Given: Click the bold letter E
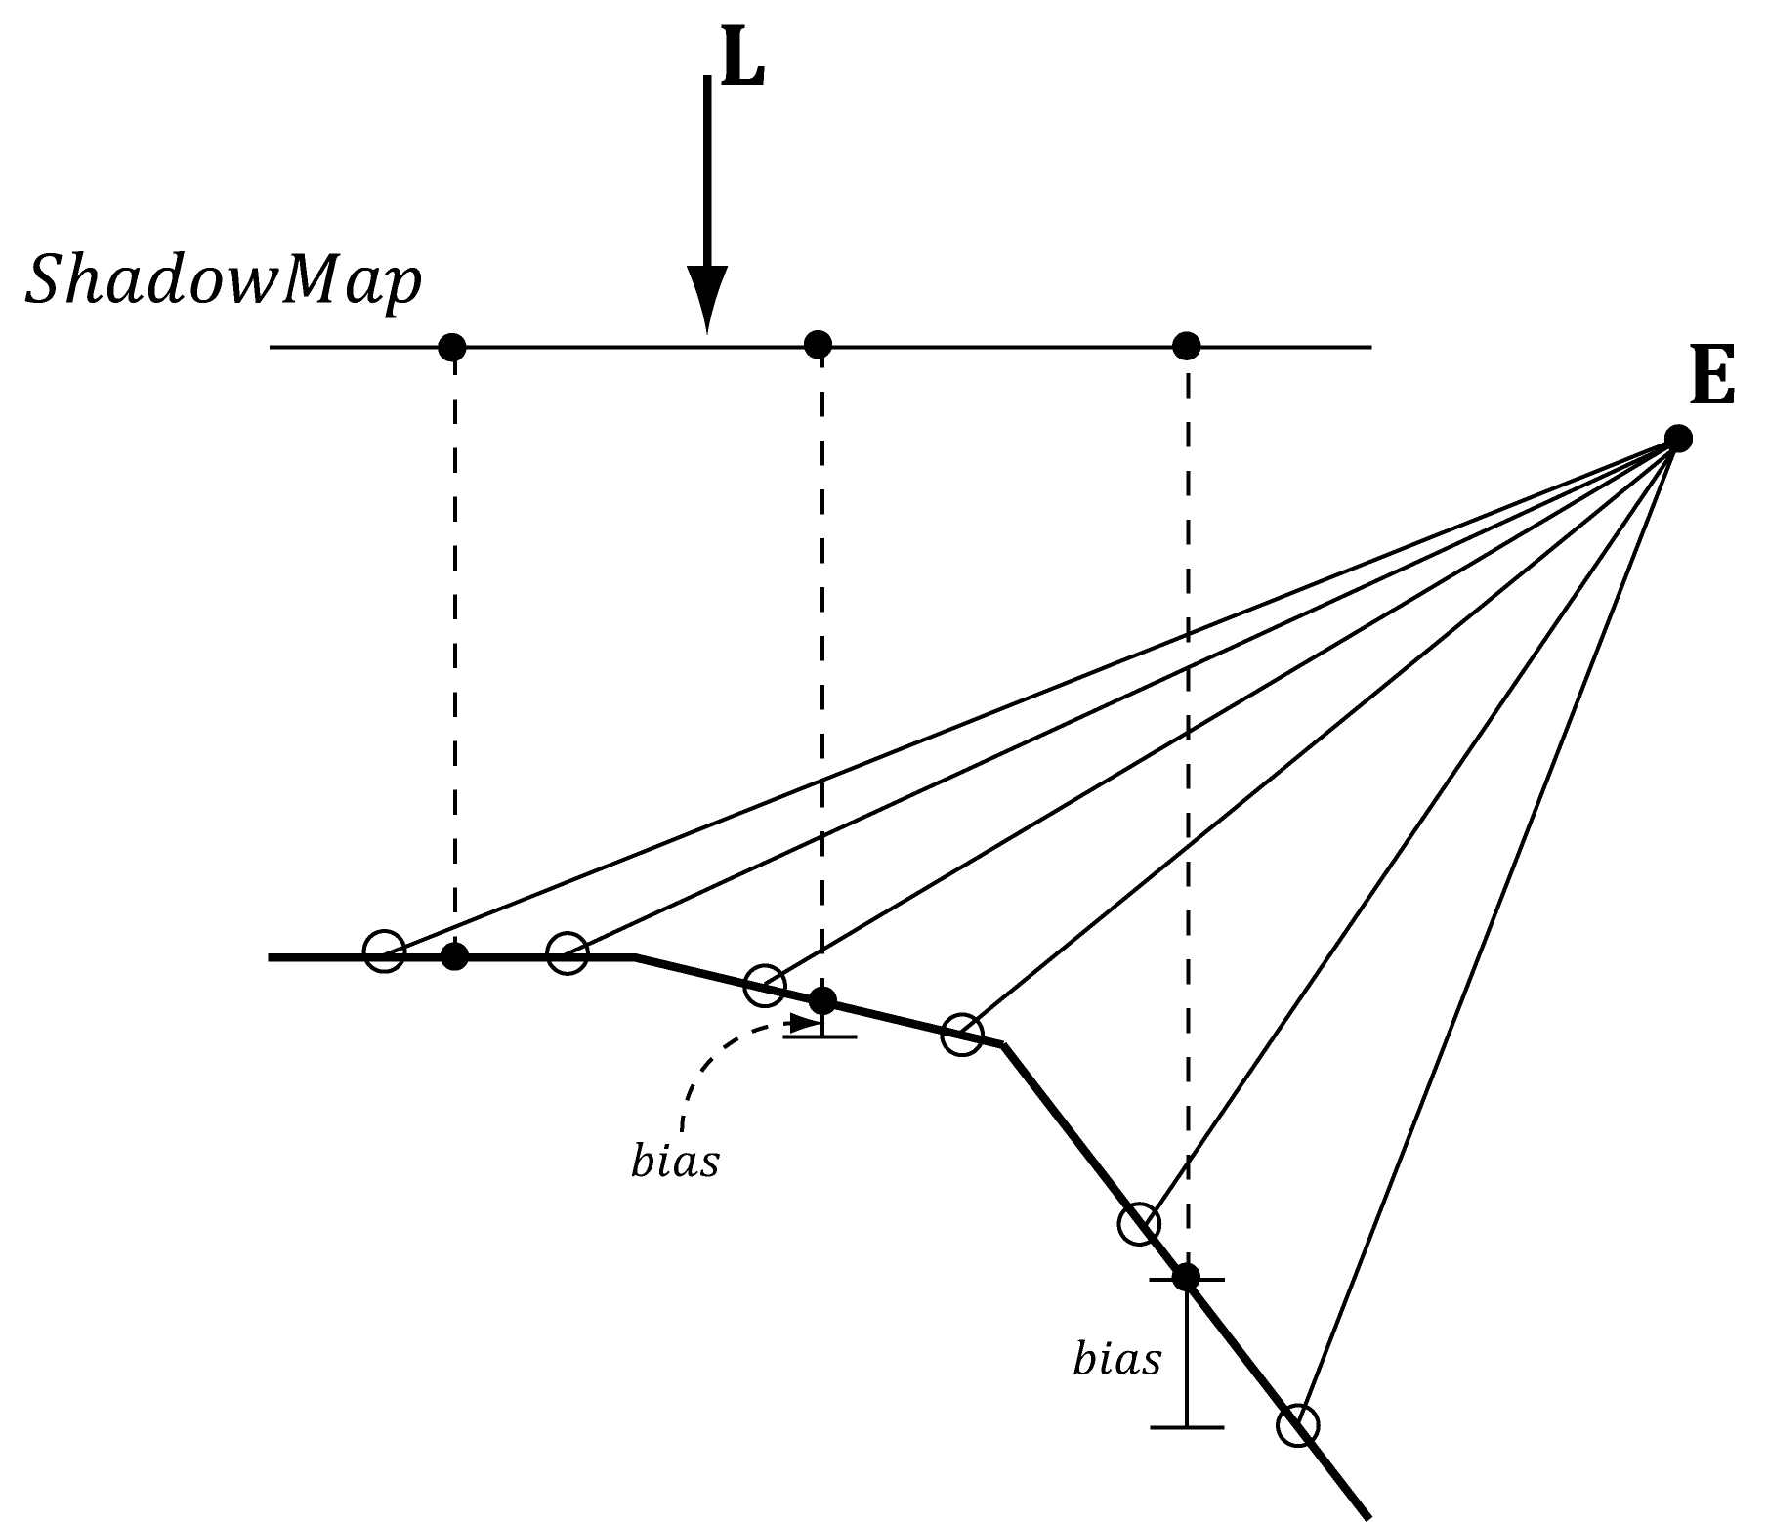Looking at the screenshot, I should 1711,379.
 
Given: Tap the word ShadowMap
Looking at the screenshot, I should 224,281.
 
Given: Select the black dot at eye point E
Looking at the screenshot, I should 1677,438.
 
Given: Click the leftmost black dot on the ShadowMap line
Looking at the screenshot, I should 451,346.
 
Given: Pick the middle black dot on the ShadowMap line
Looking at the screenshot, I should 818,344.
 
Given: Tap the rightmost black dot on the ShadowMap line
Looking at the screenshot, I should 1186,345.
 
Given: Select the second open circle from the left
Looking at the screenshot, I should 568,952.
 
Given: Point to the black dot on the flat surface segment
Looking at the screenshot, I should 453,956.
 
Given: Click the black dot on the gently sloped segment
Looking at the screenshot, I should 822,1000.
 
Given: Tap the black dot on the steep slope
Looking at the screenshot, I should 1186,1277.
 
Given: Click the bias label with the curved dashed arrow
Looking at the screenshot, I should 675,1163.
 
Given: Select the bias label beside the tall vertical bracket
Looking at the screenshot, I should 1116,1358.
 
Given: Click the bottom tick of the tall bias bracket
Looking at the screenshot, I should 1186,1427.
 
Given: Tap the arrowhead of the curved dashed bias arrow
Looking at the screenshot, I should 806,1024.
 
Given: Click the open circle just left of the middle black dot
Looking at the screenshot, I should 765,985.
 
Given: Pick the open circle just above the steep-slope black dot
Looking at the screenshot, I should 1138,1224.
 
